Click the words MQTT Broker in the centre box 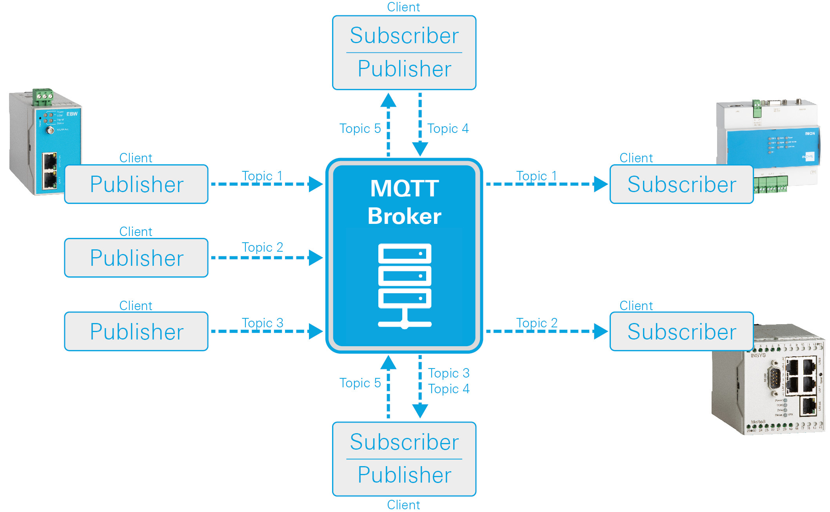pos(404,202)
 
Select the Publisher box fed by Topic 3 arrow pos(136,332)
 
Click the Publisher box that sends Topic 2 pos(136,258)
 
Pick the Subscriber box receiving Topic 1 pos(681,184)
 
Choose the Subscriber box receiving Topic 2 pos(681,332)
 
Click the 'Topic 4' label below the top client pos(448,129)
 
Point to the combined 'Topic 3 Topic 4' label pos(449,381)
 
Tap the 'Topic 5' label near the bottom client pos(360,383)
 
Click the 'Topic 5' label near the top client pos(360,129)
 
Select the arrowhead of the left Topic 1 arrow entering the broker pos(315,184)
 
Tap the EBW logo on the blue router pos(72,114)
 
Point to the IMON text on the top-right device pos(810,134)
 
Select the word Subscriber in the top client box pos(404,36)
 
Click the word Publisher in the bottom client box pos(404,475)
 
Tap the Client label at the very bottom pos(403,505)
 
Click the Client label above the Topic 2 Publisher pos(136,232)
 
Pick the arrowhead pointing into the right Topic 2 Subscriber pos(601,331)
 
